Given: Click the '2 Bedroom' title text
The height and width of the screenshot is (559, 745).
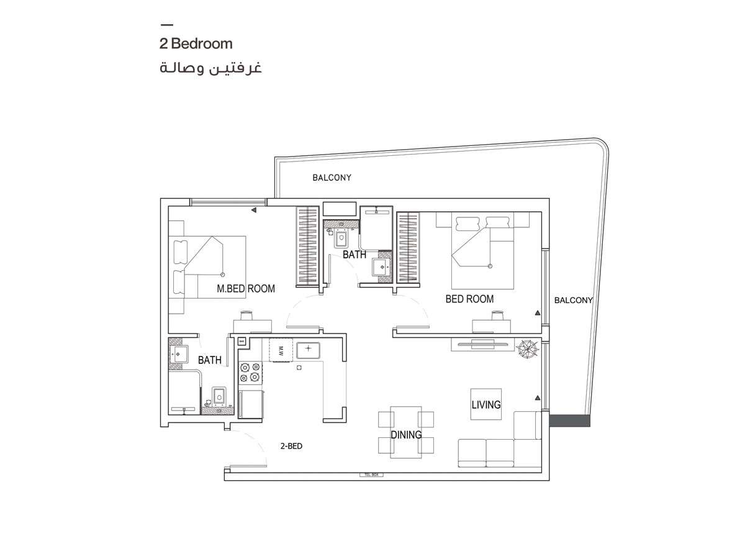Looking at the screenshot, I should pyautogui.click(x=196, y=44).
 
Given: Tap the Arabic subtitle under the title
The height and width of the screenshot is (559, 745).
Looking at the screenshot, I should pyautogui.click(x=210, y=68).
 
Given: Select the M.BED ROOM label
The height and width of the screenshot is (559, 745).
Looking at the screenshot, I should pyautogui.click(x=246, y=289).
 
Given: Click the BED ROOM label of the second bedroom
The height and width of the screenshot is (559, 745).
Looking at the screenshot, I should pyautogui.click(x=469, y=299).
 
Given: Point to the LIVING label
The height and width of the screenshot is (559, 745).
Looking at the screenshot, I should pyautogui.click(x=485, y=405).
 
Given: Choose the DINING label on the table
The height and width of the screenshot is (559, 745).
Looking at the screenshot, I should pyautogui.click(x=406, y=435).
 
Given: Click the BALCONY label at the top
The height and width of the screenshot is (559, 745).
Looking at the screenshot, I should pyautogui.click(x=332, y=178).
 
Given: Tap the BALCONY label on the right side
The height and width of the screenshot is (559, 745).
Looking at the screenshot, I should pyautogui.click(x=573, y=300).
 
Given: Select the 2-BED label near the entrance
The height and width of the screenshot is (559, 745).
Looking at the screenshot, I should pyautogui.click(x=291, y=446).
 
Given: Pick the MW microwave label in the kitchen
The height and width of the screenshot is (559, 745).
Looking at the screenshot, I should pyautogui.click(x=281, y=350).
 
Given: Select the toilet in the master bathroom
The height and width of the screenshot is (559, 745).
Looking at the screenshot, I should pyautogui.click(x=219, y=395).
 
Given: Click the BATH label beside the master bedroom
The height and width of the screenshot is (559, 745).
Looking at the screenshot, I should pyautogui.click(x=210, y=360).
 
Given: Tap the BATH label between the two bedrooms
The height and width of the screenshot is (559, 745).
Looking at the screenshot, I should pyautogui.click(x=354, y=255).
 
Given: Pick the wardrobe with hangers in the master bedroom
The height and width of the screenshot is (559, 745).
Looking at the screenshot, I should pyautogui.click(x=308, y=245).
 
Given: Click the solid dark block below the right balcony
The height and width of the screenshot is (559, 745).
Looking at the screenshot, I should pyautogui.click(x=570, y=420).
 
